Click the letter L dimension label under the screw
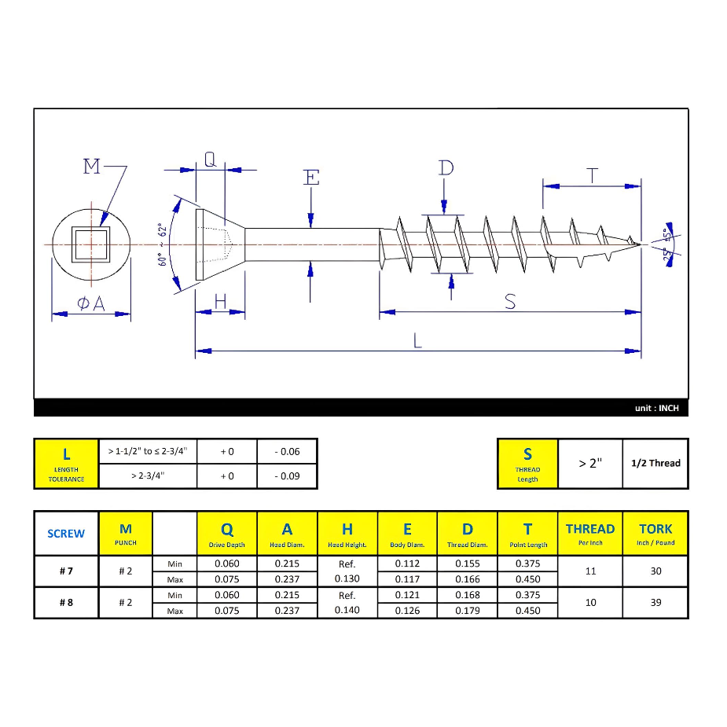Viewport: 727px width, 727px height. pos(418,341)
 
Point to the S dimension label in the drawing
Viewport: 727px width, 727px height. pos(510,302)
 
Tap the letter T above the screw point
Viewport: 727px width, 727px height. pos(592,176)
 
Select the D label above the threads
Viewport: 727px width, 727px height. pos(446,168)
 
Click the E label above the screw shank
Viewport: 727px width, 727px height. pos(311,178)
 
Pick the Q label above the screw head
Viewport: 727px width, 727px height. pos(210,160)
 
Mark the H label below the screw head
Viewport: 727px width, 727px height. pos(221,301)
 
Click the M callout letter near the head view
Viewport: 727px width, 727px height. pos(93,167)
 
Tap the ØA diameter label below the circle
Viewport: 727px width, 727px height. pos(91,303)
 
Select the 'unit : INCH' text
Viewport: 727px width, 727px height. pos(656,409)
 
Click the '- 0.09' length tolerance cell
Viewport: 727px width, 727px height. pos(287,476)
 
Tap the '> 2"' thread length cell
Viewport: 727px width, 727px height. pos(589,463)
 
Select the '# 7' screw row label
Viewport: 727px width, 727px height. pos(66,571)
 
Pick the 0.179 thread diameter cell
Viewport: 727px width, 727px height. pos(468,611)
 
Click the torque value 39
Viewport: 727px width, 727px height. pos(655,603)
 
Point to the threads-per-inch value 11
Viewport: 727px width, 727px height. pos(590,571)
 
